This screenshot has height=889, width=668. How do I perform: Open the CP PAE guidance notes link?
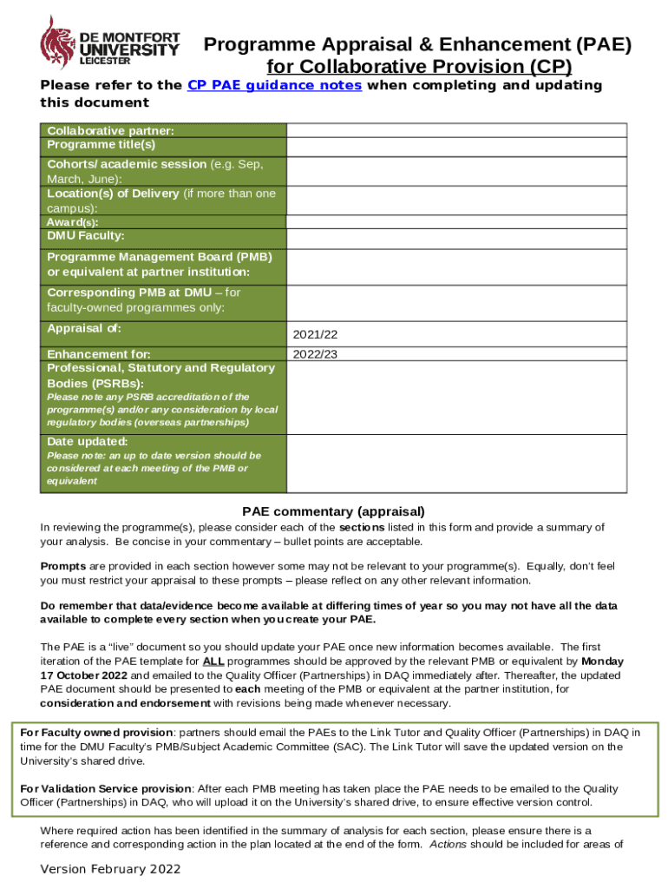[x=274, y=85]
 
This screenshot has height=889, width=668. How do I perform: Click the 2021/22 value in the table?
[x=315, y=334]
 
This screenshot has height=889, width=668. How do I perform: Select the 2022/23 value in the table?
[x=315, y=354]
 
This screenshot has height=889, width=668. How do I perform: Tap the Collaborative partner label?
[x=110, y=130]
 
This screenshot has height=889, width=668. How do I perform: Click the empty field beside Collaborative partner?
[x=457, y=130]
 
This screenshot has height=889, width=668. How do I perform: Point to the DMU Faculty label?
[x=86, y=235]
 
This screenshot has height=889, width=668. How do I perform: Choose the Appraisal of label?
[x=84, y=328]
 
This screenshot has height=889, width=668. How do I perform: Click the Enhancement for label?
[x=99, y=354]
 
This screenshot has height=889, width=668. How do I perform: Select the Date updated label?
[x=87, y=441]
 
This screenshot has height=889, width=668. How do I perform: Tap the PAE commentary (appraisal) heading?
[x=333, y=511]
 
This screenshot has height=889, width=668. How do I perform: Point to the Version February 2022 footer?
[x=111, y=869]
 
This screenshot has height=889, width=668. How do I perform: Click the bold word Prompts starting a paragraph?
[x=62, y=566]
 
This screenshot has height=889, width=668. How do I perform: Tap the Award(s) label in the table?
[x=73, y=222]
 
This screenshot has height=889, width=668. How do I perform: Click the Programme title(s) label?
[x=101, y=144]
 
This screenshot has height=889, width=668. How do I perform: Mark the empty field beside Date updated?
[x=457, y=461]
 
